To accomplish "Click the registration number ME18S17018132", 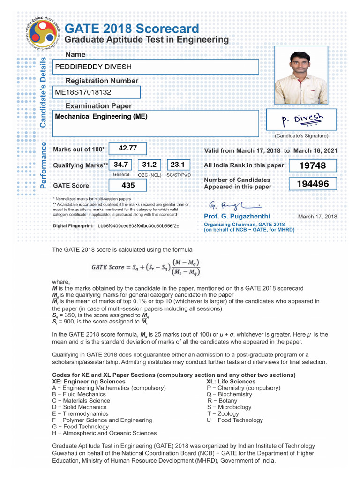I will pos(83,92).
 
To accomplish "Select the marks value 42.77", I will pos(127,148).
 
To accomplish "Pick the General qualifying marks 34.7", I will pos(121,165).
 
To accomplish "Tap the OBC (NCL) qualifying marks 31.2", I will pos(149,165).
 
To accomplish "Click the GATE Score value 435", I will pos(127,185).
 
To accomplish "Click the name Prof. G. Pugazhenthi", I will pos(237,216).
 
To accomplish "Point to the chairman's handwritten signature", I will pos(234,205).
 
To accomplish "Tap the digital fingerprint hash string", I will pos(138,226).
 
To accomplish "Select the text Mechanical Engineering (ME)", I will pos(101,116).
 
